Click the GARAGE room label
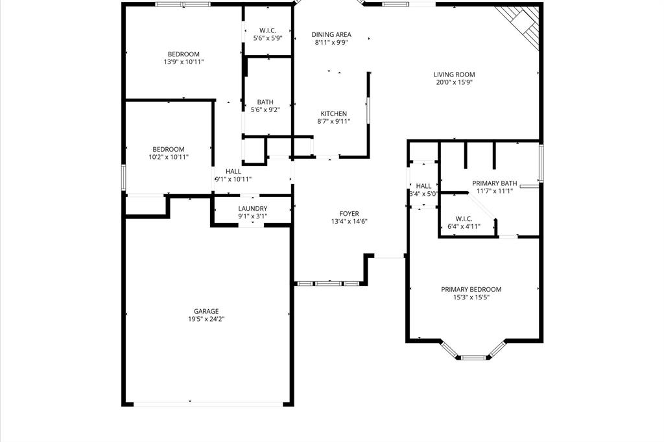206,311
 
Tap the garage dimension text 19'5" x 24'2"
206,319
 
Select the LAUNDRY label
253,209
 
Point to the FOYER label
350,214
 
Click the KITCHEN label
333,114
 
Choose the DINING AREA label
331,35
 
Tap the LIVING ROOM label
454,75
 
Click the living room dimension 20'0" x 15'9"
454,82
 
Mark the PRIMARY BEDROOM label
471,290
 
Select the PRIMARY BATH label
495,183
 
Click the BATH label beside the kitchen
265,102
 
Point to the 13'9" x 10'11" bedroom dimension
184,62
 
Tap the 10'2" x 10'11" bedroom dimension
169,157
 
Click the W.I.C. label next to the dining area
268,30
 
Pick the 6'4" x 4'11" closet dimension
464,226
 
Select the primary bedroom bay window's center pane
473,357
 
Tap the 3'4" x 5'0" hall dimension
423,193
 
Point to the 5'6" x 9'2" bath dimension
265,110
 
